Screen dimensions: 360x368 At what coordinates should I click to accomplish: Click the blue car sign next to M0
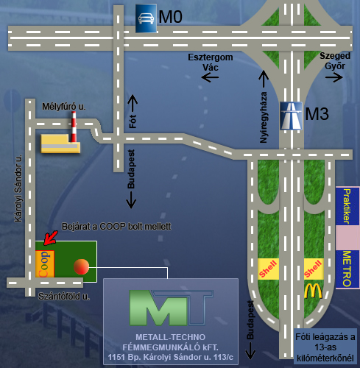click(147, 18)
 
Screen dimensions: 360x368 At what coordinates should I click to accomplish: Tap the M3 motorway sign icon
click(291, 116)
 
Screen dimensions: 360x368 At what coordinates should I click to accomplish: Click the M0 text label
click(170, 17)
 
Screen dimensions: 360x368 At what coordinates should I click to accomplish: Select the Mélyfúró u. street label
click(64, 107)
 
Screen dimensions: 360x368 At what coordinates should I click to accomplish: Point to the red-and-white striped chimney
click(74, 127)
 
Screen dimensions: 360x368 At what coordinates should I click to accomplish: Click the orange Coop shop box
click(45, 264)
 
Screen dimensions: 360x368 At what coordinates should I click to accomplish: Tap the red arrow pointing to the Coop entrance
click(51, 238)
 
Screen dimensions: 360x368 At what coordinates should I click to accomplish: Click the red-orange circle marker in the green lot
click(81, 266)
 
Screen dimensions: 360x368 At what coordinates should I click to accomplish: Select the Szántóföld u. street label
click(64, 297)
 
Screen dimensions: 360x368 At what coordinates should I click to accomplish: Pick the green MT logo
click(171, 308)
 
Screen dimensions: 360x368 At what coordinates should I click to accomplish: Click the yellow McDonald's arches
click(313, 291)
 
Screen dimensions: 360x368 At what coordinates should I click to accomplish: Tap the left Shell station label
click(268, 269)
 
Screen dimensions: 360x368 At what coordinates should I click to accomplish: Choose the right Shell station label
click(314, 269)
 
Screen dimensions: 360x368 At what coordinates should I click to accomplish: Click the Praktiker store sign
click(347, 206)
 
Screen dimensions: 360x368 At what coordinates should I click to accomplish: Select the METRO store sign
click(347, 269)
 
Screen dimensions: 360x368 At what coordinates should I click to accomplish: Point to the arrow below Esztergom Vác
click(210, 78)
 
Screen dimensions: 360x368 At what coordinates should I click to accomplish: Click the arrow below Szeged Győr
click(334, 77)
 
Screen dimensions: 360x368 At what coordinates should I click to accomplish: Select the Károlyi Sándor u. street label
click(18, 188)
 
